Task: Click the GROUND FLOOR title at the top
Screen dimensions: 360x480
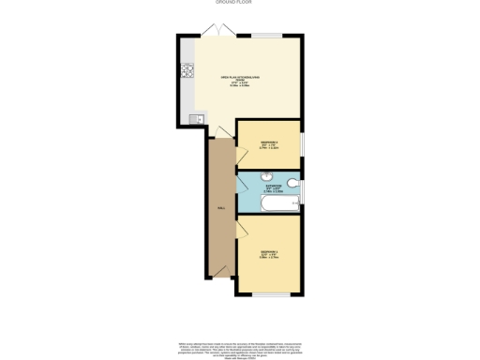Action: [x=240, y=3]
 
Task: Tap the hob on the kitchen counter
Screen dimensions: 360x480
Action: [x=187, y=70]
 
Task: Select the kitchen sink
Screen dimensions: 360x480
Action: [x=196, y=119]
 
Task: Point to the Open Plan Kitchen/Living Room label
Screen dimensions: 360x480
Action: [x=239, y=81]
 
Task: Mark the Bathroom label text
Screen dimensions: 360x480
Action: [x=273, y=189]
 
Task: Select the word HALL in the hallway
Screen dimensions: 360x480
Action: [x=221, y=208]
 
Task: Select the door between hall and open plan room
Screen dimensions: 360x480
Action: [x=217, y=134]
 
